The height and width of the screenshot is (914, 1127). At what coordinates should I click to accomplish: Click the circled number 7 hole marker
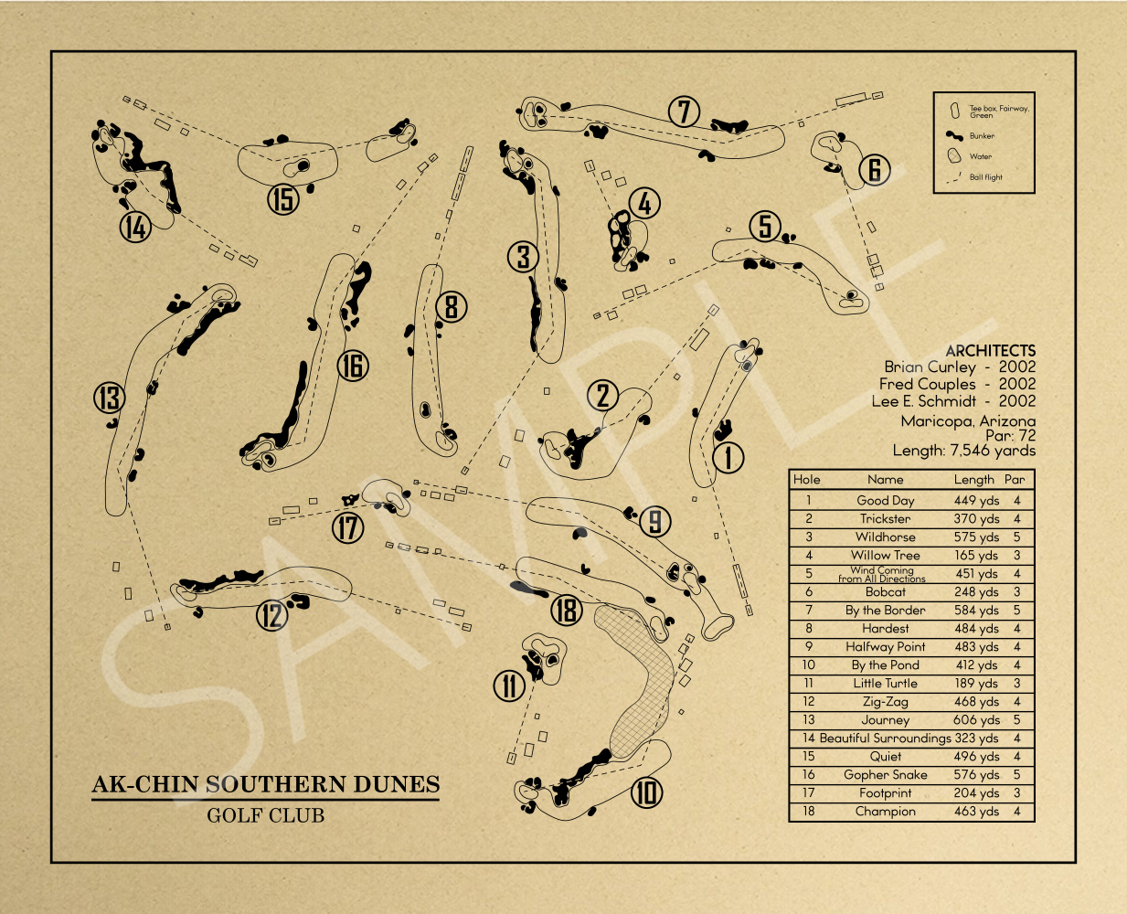click(684, 112)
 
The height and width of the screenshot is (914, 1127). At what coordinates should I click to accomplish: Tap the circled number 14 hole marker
click(135, 227)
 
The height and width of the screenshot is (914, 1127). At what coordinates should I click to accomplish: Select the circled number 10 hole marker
click(646, 792)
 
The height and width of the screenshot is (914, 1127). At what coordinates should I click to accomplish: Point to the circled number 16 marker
click(353, 366)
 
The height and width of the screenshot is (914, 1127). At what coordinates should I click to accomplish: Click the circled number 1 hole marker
click(728, 457)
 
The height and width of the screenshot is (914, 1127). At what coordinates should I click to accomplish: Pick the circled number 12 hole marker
click(271, 615)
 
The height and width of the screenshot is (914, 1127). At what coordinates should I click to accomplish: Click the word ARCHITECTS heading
click(990, 351)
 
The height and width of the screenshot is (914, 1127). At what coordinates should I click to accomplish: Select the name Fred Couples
click(927, 385)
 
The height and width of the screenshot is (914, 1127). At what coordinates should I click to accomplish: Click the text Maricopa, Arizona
click(968, 421)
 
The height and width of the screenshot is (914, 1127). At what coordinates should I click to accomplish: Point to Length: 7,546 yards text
click(963, 451)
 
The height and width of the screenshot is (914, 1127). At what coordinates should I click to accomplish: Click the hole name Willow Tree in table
click(885, 555)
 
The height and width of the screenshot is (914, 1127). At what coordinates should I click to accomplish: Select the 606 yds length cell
click(976, 719)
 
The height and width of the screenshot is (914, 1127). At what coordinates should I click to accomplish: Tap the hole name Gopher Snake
click(885, 774)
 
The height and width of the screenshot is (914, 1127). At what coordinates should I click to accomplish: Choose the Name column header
click(885, 479)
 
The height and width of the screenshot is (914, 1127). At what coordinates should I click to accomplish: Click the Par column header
click(1015, 479)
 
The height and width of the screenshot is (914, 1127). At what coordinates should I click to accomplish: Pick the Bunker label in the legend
click(982, 136)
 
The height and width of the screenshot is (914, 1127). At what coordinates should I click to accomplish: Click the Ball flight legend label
click(985, 177)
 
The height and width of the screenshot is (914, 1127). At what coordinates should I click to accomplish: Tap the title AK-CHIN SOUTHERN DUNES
click(266, 784)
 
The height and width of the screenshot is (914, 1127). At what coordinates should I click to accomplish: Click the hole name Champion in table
click(885, 811)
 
